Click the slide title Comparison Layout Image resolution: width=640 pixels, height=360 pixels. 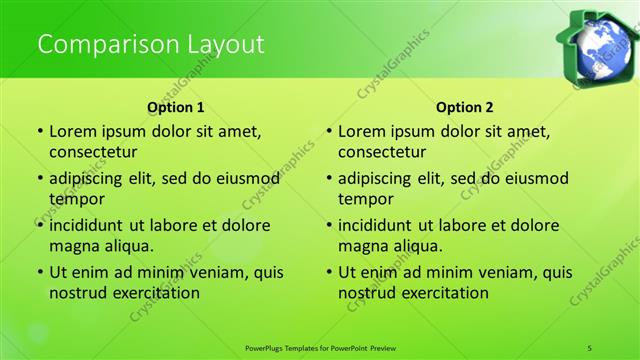point(150,44)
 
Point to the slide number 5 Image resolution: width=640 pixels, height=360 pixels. point(591,347)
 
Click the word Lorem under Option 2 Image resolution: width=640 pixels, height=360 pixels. point(363,131)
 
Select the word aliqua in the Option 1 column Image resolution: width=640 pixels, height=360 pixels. point(125,246)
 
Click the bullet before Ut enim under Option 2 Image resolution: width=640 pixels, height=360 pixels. point(330,272)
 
